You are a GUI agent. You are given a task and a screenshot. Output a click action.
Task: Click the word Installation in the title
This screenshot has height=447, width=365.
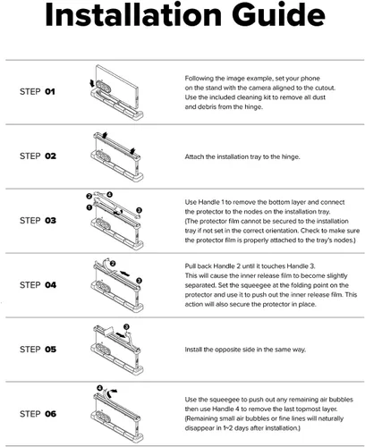click(133, 15)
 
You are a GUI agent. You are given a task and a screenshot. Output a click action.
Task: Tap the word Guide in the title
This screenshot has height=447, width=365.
click(278, 15)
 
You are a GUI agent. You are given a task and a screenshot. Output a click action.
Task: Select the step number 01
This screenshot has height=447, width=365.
click(50, 91)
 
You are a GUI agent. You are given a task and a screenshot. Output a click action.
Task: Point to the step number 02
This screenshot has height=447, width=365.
click(50, 156)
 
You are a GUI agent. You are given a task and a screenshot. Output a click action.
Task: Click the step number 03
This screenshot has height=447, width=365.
click(50, 221)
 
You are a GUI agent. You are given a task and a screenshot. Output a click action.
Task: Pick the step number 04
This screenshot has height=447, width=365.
click(50, 285)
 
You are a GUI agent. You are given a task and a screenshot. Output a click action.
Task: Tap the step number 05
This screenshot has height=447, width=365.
click(50, 350)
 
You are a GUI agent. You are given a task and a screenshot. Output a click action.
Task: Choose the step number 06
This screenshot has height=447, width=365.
click(50, 414)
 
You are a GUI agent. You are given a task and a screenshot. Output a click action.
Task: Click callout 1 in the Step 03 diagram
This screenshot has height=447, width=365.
click(89, 207)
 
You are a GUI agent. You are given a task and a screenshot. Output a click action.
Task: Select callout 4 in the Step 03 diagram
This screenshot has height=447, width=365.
click(109, 195)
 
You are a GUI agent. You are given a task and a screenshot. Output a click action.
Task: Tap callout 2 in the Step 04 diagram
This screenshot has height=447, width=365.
click(113, 264)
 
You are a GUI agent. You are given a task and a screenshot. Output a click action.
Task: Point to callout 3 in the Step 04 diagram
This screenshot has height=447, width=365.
click(139, 281)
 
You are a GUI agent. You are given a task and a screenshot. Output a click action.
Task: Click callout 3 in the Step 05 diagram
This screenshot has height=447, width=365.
click(126, 327)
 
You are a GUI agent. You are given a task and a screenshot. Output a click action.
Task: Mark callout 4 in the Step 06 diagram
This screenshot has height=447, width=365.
click(99, 388)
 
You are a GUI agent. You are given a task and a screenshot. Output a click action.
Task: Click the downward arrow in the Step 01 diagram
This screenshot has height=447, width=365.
click(92, 83)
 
